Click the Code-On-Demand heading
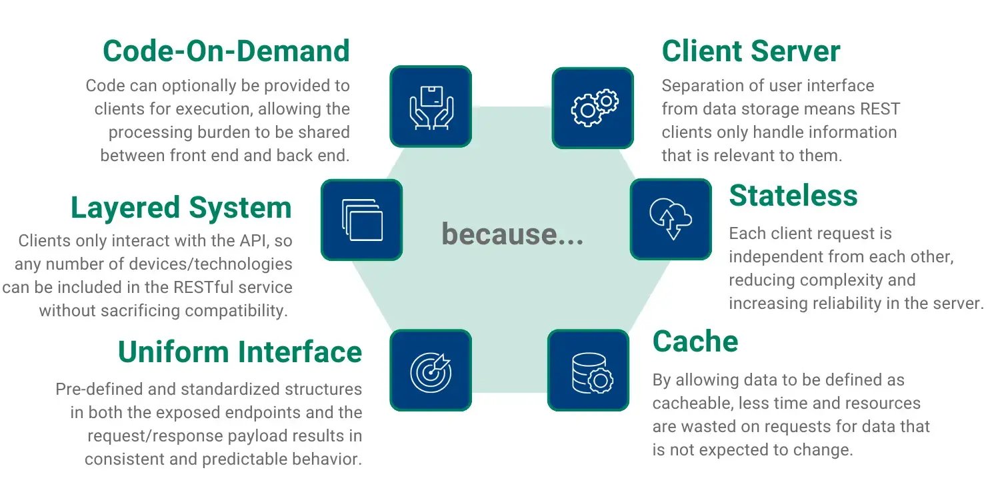226,51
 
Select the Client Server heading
751,51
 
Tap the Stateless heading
793,196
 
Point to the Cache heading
695,342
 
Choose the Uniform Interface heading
240,352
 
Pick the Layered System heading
181,208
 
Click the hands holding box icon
430,106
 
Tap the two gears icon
593,107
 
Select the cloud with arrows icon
671,218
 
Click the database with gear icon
588,370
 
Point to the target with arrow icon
430,370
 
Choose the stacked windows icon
361,219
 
